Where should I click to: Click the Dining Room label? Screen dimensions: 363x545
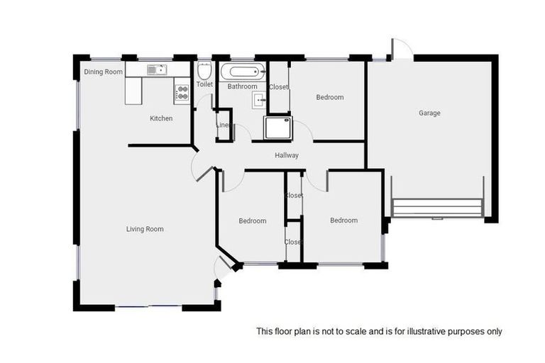click(x=104, y=72)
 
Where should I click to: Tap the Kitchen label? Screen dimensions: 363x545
click(x=161, y=118)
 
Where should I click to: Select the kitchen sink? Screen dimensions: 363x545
click(x=155, y=69)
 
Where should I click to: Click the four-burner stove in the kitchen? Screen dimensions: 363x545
click(x=182, y=92)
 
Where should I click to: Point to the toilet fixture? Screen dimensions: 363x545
click(x=204, y=72)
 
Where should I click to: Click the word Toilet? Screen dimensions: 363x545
click(x=204, y=84)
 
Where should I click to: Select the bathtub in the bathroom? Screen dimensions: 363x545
click(x=242, y=71)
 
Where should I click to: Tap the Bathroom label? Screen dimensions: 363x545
click(x=243, y=86)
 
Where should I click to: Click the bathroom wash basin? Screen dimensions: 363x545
click(x=258, y=99)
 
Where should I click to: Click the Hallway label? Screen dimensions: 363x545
click(x=287, y=155)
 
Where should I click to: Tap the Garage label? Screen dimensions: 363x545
click(x=429, y=113)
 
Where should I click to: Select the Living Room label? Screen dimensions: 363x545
click(x=145, y=229)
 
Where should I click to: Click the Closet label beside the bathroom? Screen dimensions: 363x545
click(x=279, y=87)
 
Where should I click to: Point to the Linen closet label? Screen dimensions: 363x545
click(x=223, y=125)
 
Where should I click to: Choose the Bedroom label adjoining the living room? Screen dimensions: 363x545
click(x=252, y=221)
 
